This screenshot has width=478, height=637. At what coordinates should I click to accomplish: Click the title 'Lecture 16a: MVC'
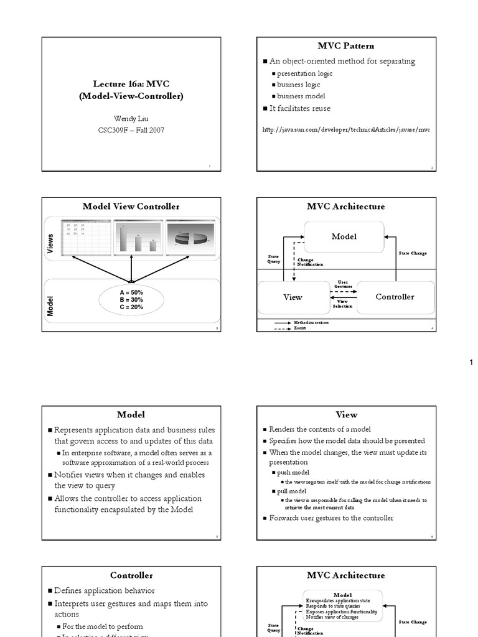pyautogui.click(x=131, y=83)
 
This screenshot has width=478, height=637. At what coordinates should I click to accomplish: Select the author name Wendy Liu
pyautogui.click(x=131, y=118)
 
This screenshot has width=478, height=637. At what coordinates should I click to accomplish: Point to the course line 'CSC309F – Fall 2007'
pyautogui.click(x=131, y=130)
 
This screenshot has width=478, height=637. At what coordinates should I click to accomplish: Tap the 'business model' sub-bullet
pyautogui.click(x=301, y=96)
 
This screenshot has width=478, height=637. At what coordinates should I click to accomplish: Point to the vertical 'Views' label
pyautogui.click(x=51, y=243)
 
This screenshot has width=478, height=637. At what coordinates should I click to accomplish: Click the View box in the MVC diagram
pyautogui.click(x=293, y=297)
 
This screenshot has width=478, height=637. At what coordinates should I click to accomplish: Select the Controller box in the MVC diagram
pyautogui.click(x=395, y=297)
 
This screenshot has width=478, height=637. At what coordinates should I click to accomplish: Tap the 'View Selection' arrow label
pyautogui.click(x=343, y=304)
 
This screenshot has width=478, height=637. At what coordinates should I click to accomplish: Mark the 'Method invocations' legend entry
pyautogui.click(x=311, y=323)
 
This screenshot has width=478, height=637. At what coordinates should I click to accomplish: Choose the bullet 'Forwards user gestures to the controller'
pyautogui.click(x=331, y=518)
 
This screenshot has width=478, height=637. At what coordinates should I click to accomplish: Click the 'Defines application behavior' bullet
pyautogui.click(x=105, y=590)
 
